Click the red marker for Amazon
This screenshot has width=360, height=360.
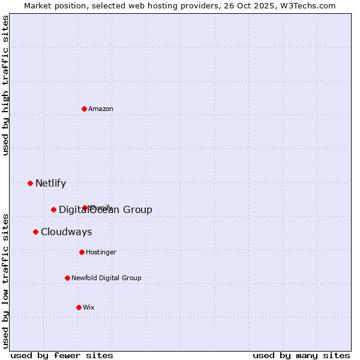(84, 109)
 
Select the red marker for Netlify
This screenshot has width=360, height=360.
(30, 183)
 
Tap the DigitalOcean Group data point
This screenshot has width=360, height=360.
(53, 209)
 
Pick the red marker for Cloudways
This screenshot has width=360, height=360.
(35, 232)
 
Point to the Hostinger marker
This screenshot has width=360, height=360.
(82, 252)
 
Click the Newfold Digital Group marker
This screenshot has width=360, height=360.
(67, 278)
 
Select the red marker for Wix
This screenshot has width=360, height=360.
(79, 307)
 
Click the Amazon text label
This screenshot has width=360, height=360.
(101, 109)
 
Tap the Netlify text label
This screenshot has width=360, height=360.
(50, 184)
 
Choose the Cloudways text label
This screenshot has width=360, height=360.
(66, 232)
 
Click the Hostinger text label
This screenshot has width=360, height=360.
(101, 253)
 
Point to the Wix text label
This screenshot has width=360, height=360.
(89, 308)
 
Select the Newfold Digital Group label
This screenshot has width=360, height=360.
(106, 278)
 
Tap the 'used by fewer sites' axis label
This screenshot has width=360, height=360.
(62, 355)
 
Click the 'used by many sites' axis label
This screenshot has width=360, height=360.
(301, 355)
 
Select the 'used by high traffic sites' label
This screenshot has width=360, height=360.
(6, 85)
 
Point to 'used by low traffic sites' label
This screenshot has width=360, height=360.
(6, 281)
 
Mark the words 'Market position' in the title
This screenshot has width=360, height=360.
(52, 5)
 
